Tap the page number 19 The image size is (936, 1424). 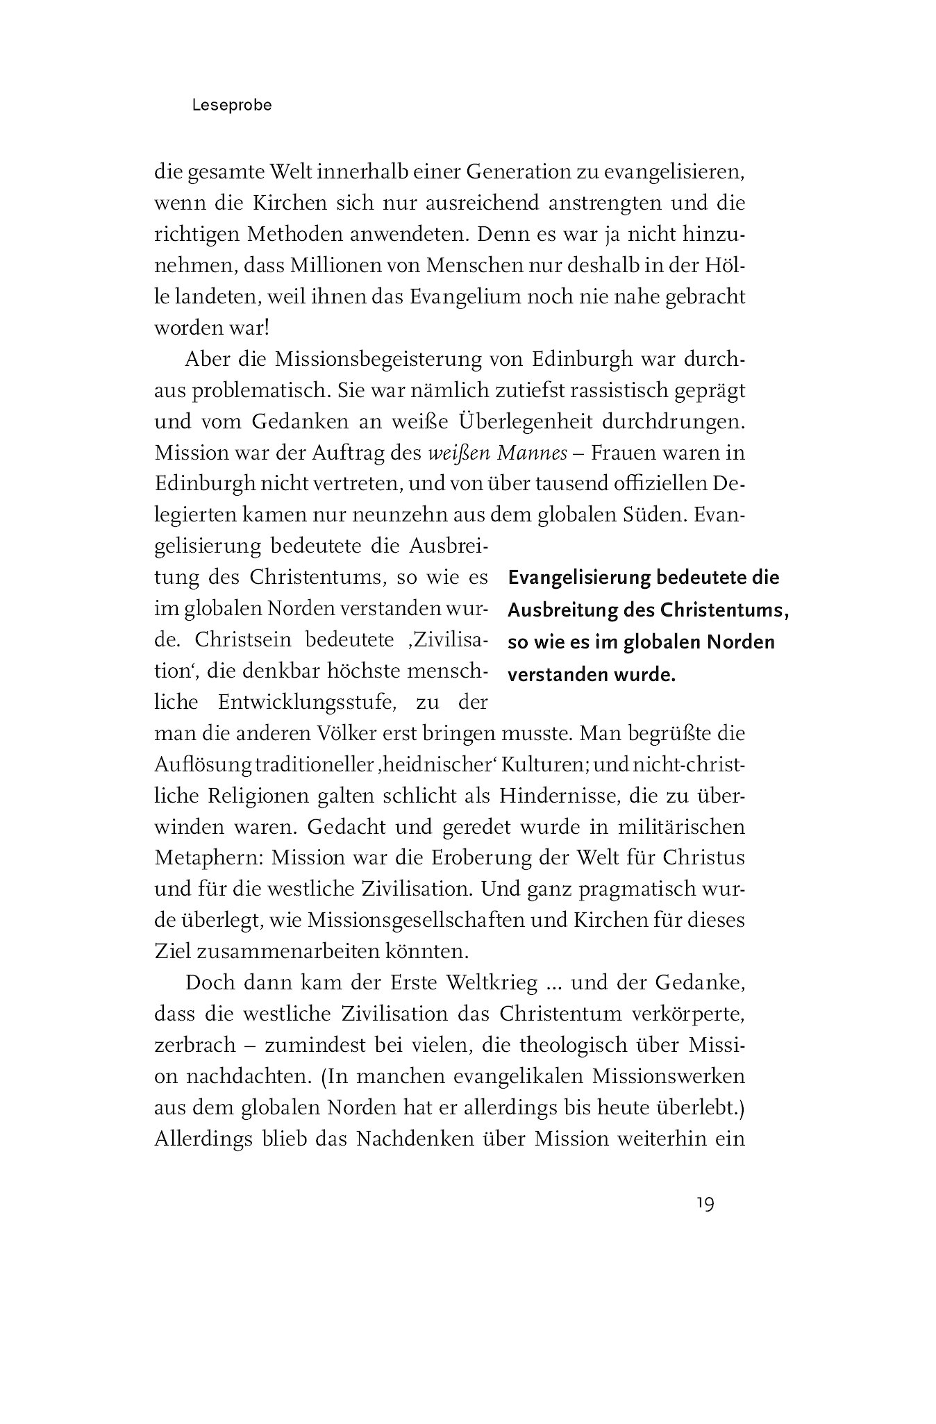(705, 1203)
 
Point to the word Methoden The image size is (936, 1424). (306, 235)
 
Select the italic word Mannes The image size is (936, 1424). (525, 453)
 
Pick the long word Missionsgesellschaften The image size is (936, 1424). (428, 920)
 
